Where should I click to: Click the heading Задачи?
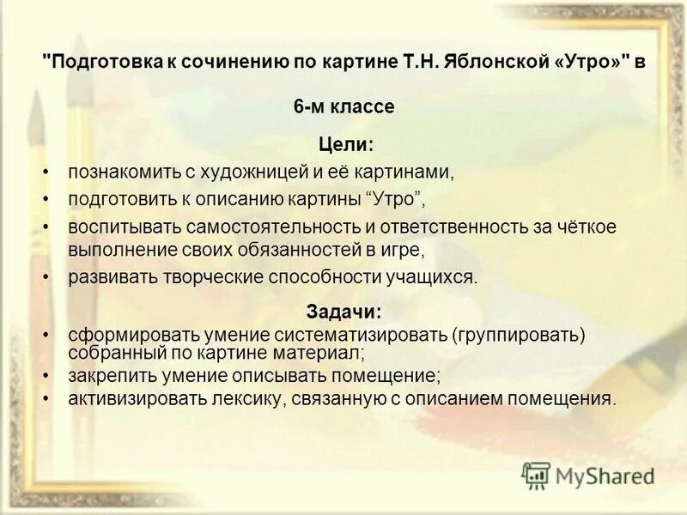pos(343,312)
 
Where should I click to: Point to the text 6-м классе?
pos(343,107)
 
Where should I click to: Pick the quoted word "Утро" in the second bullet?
pos(396,198)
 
